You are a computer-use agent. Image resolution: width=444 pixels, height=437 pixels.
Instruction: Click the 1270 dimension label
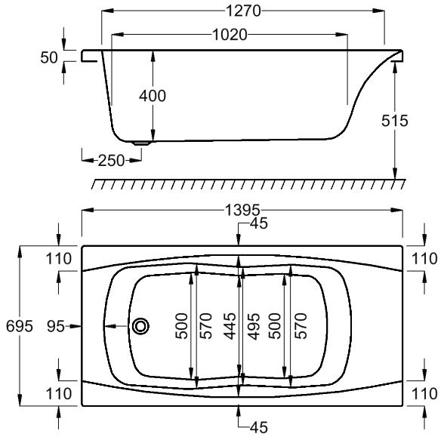(x=243, y=11)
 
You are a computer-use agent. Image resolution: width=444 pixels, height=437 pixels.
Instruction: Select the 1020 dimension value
(x=230, y=35)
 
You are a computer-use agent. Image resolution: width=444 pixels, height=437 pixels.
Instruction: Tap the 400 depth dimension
(x=153, y=96)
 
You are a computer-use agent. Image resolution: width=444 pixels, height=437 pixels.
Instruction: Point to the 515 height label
(x=394, y=121)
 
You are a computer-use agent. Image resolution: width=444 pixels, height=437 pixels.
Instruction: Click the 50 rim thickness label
(x=49, y=57)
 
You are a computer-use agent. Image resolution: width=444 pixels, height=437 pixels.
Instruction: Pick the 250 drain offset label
(x=111, y=161)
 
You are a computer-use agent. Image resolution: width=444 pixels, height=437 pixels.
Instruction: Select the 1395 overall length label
(x=242, y=211)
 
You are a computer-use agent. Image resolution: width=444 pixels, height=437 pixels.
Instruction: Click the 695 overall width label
(x=20, y=326)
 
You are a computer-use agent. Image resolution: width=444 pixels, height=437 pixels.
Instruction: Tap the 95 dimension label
(x=56, y=326)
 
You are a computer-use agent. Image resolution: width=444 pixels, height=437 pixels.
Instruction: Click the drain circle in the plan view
(x=140, y=326)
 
